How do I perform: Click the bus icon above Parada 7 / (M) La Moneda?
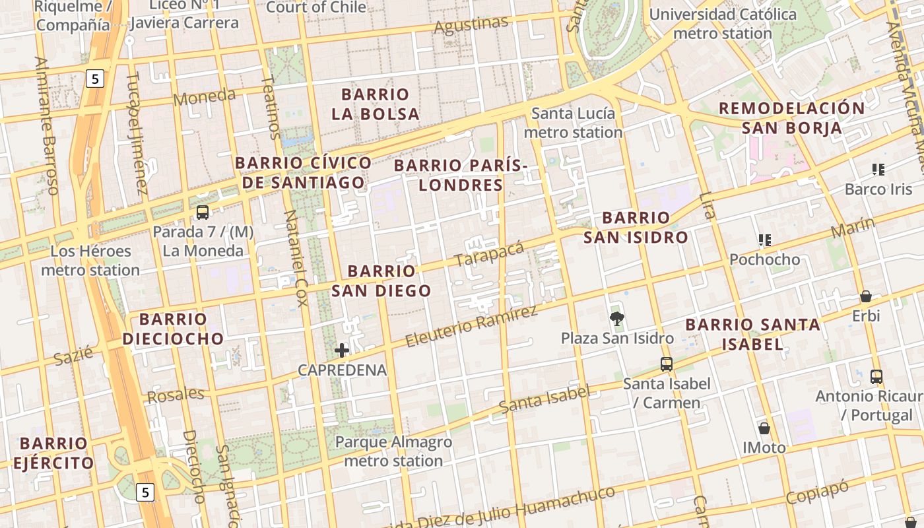[203, 213]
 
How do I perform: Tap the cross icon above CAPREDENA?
[342, 350]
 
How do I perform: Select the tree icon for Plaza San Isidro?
[617, 319]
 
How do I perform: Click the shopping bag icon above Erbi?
[866, 296]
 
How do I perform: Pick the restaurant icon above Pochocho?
[765, 240]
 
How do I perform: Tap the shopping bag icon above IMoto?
[764, 428]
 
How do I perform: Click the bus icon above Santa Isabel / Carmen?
[667, 364]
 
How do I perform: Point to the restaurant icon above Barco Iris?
[878, 170]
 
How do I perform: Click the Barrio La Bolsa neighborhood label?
[376, 104]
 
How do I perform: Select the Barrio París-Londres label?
[461, 175]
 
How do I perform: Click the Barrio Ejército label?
[53, 453]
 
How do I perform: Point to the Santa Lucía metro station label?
[573, 123]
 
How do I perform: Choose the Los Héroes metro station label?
[90, 261]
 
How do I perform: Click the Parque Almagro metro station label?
[393, 451]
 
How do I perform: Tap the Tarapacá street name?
[489, 255]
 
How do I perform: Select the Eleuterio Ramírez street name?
[471, 326]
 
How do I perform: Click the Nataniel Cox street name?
[295, 258]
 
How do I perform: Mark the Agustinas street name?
[471, 26]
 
